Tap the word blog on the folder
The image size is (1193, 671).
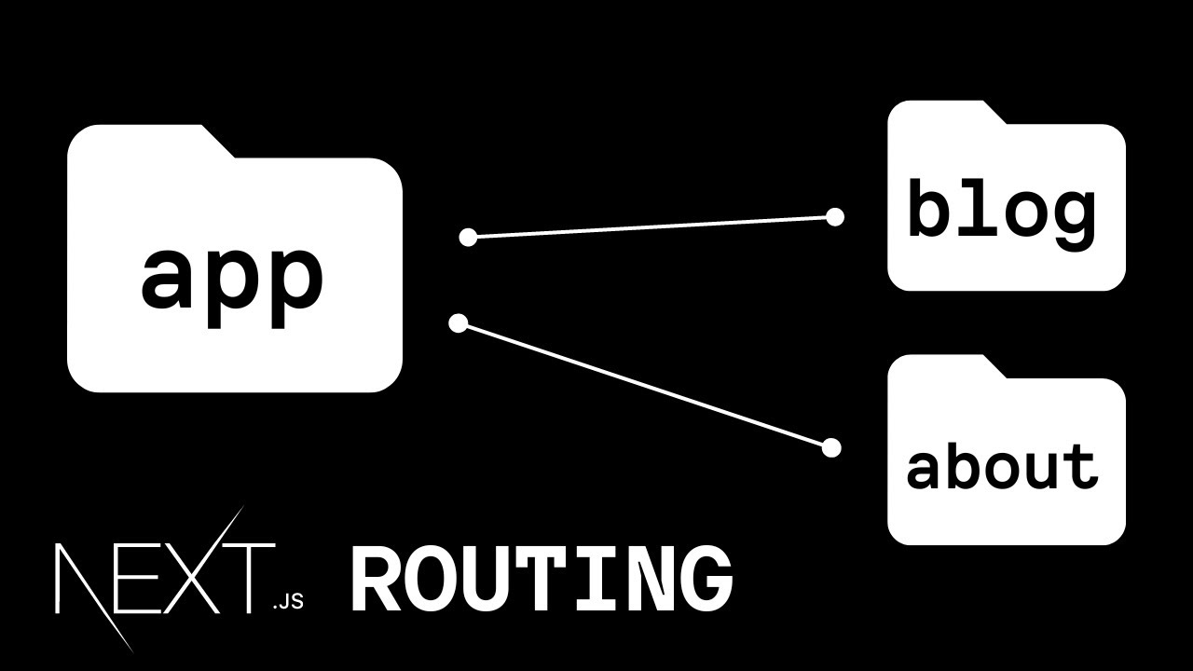click(1002, 211)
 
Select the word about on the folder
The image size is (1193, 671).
click(1002, 465)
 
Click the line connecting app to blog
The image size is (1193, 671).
click(651, 226)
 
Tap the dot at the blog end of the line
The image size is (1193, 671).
click(835, 217)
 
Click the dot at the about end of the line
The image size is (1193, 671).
click(831, 448)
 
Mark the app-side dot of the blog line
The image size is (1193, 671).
click(468, 238)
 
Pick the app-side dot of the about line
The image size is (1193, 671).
click(458, 323)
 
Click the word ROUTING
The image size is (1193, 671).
click(542, 580)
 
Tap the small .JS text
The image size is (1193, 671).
click(288, 602)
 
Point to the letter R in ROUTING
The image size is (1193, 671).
click(374, 580)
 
